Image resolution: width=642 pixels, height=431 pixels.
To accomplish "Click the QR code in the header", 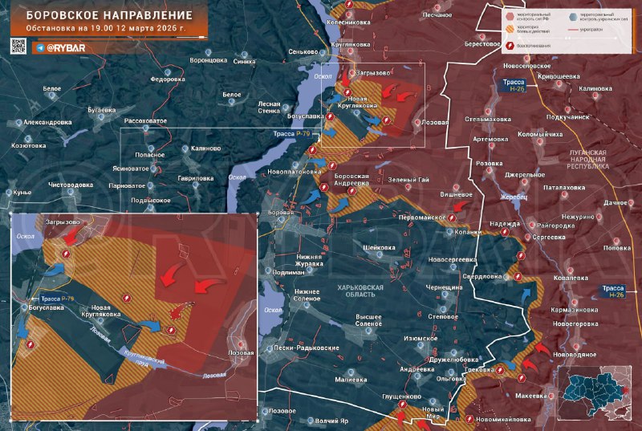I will coord(18,47).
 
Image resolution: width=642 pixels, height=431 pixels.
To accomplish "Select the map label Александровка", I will coord(47,122).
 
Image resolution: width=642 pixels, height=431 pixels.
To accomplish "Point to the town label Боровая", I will coord(281,212).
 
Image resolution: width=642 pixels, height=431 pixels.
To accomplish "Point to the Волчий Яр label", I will coord(331,421).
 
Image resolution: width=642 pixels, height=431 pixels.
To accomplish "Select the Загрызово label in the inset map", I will coord(63,222).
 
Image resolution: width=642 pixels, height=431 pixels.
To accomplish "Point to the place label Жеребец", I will coord(513,197).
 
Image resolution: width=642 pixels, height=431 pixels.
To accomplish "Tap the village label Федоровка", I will coord(168,79).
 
